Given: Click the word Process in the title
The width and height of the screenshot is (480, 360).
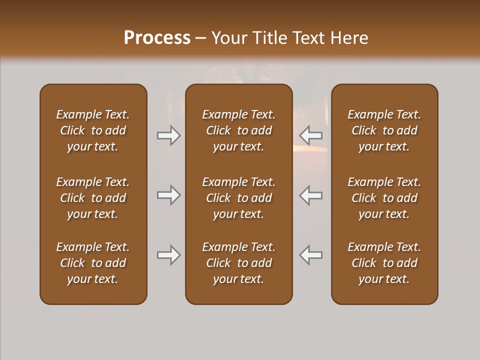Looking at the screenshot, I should pos(157,38).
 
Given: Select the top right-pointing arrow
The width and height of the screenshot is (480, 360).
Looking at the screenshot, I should pos(169,135).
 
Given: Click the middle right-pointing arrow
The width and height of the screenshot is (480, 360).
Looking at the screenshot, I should pos(169,195).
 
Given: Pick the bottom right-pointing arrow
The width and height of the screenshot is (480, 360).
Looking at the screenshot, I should pos(169,255).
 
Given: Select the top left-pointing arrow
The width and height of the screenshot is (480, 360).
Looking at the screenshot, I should pos(310,135).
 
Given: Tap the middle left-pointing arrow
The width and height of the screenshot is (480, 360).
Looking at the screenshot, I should pos(310,195).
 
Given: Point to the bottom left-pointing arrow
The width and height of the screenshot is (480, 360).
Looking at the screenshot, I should pos(310,255).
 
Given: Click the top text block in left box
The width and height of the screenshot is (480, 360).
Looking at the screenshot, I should pos(93,130).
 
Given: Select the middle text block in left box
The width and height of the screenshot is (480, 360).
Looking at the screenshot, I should pos(93,198).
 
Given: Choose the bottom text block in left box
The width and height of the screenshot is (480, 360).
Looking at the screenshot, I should pos(93,263).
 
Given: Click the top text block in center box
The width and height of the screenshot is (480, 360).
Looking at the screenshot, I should pos(238,130).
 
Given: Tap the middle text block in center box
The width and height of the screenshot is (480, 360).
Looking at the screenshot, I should pos(238,198).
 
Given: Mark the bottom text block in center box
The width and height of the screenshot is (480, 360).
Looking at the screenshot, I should pos(238,263).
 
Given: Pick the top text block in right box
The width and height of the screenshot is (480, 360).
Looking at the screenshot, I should pos(384,130).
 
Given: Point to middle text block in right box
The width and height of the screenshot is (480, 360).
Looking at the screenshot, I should pos(384,198).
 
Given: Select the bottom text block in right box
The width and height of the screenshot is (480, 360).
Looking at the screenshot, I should pos(384,263).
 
